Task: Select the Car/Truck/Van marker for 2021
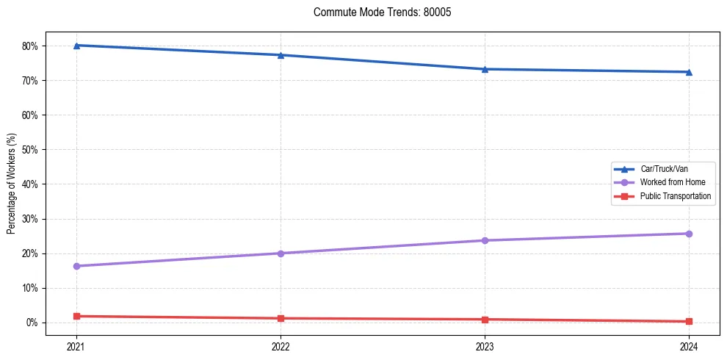(x=76, y=46)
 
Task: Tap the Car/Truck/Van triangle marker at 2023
(x=485, y=69)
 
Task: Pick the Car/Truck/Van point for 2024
(x=689, y=72)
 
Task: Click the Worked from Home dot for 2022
(x=281, y=253)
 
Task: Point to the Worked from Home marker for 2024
(x=689, y=234)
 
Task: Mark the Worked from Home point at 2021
(x=76, y=266)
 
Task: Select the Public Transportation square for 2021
(x=76, y=316)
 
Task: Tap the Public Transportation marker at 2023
(x=485, y=320)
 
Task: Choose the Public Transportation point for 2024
(x=689, y=321)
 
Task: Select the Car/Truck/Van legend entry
(x=664, y=169)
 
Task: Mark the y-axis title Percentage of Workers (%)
(x=11, y=184)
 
